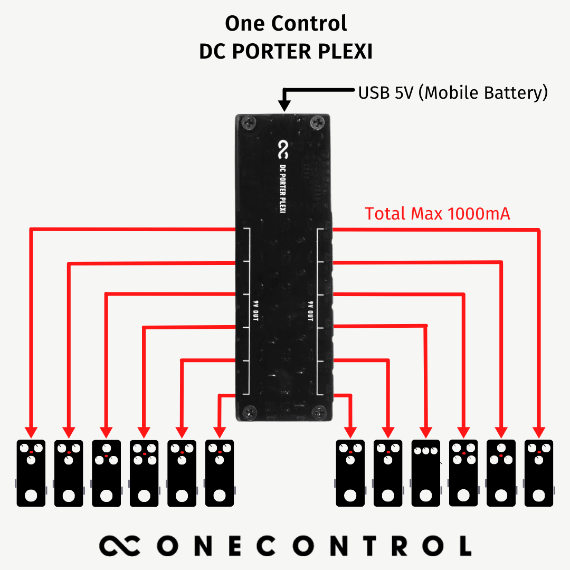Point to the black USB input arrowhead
(x=285, y=106)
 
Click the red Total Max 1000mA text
(x=437, y=214)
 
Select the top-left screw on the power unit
(x=248, y=123)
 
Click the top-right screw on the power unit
(x=318, y=123)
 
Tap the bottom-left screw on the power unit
(x=249, y=411)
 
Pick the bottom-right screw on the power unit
(x=318, y=411)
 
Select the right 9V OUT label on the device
(x=310, y=311)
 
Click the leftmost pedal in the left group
(x=31, y=473)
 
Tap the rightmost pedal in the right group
(x=539, y=473)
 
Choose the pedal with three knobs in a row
(x=425, y=473)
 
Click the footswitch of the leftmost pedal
(x=31, y=496)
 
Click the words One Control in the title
(x=286, y=24)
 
